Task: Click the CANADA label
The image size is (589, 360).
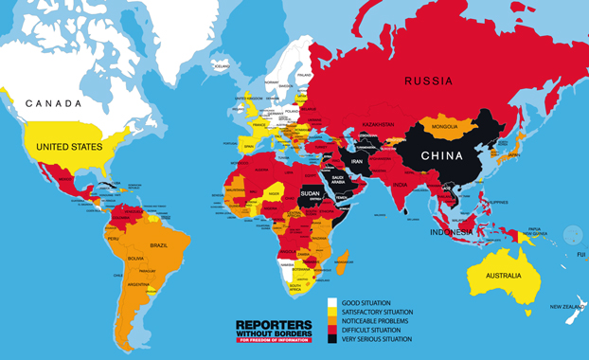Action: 54,102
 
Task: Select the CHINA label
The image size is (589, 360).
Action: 441,156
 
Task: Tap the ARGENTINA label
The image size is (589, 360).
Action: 140,285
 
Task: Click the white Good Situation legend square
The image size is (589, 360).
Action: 331,304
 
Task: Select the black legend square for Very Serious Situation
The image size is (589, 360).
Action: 331,338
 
